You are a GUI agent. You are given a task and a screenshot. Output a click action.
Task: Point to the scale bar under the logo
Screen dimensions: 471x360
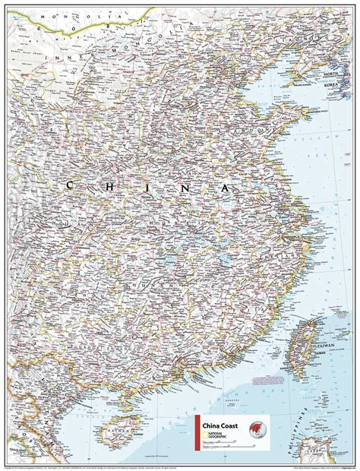pos(228,445)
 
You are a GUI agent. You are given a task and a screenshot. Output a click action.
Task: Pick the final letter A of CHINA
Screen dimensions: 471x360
pos(225,187)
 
